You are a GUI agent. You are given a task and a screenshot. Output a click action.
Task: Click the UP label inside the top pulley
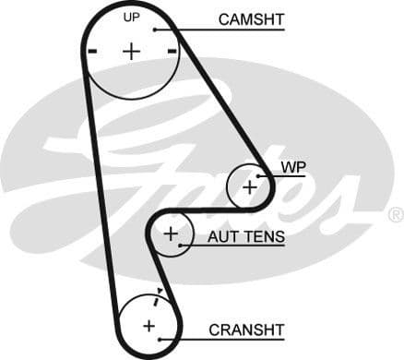[x=131, y=18]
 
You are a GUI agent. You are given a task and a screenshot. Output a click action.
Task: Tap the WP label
[x=292, y=166]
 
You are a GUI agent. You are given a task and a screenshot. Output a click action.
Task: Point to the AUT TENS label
[x=245, y=237]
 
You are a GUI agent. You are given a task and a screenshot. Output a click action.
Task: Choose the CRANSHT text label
[x=246, y=329]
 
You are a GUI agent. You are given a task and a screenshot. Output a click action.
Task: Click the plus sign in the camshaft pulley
[x=131, y=51]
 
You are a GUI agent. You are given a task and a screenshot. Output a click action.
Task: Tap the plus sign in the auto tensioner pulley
[x=170, y=234]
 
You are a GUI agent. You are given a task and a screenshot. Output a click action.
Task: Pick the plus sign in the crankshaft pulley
[x=149, y=325]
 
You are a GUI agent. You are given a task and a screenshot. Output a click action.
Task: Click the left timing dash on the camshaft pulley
[x=91, y=52]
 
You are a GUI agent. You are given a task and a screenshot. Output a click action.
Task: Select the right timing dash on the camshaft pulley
[x=172, y=52]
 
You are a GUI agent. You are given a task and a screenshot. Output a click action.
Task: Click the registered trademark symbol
[x=395, y=215]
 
